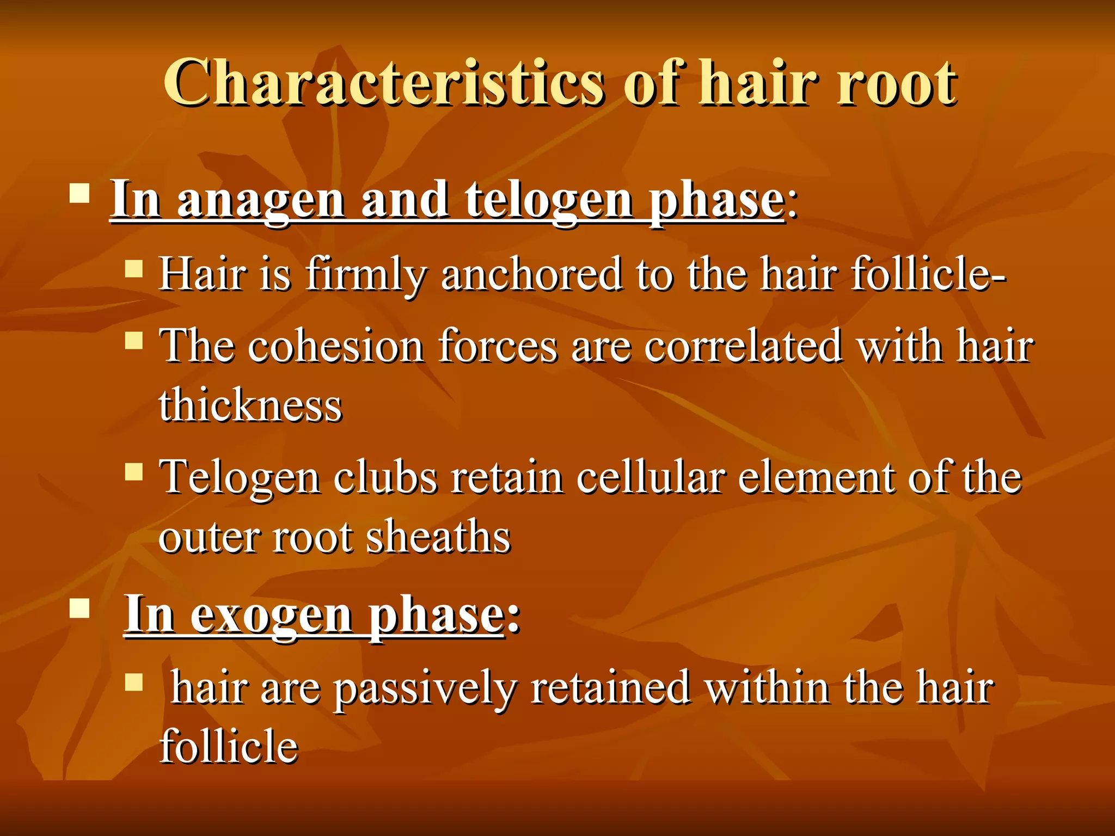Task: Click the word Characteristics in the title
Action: tap(384, 83)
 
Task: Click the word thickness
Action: tap(250, 405)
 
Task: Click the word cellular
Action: tap(651, 477)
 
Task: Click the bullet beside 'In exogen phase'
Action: tap(79, 608)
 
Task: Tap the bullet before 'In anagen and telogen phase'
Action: tap(79, 193)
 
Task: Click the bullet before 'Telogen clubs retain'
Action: tap(133, 471)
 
